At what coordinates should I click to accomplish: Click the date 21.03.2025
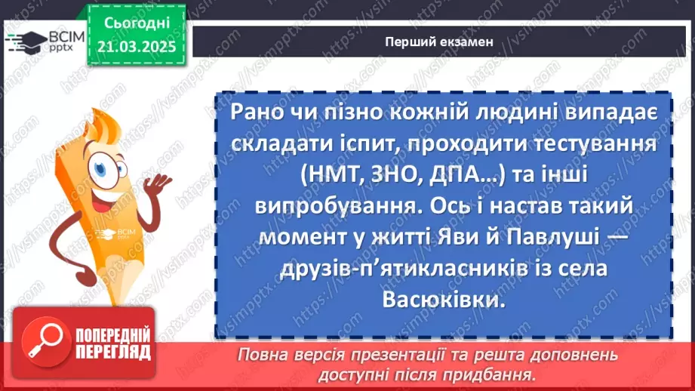click(136, 46)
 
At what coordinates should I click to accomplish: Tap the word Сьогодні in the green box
click(136, 24)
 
